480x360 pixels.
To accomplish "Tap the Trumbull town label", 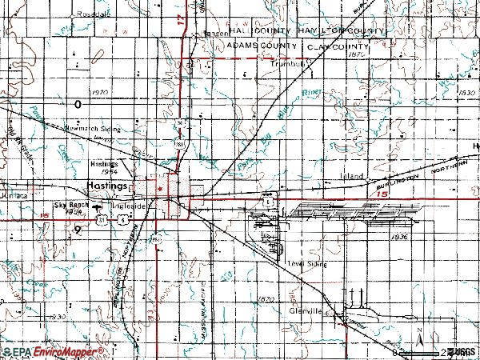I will pos(290,64).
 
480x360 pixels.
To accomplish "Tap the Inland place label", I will pos(352,175).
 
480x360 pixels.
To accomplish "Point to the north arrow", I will pos(419,343).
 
